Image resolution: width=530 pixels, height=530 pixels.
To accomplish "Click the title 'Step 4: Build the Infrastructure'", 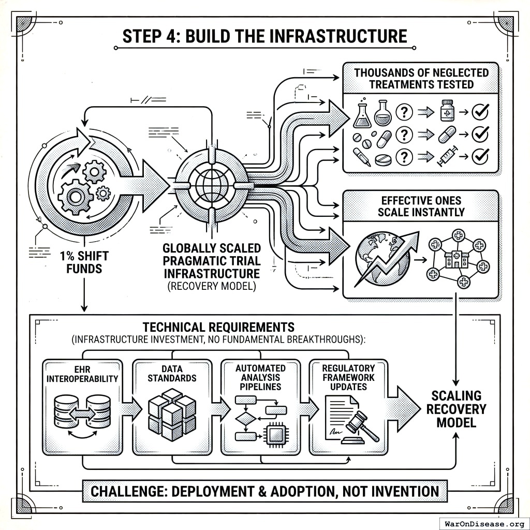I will click(264, 36).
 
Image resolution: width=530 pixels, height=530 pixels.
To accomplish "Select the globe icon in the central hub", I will click(212, 184).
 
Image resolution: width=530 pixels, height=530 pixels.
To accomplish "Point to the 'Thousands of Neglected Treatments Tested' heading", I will click(421, 78).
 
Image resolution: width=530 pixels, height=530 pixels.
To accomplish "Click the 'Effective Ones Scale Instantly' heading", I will click(421, 206).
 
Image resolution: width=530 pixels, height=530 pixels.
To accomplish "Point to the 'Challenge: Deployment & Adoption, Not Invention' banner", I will click(264, 491).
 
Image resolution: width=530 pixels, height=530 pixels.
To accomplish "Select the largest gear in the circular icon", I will click(76, 197).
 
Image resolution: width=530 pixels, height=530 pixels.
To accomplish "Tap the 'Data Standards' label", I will click(171, 373).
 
